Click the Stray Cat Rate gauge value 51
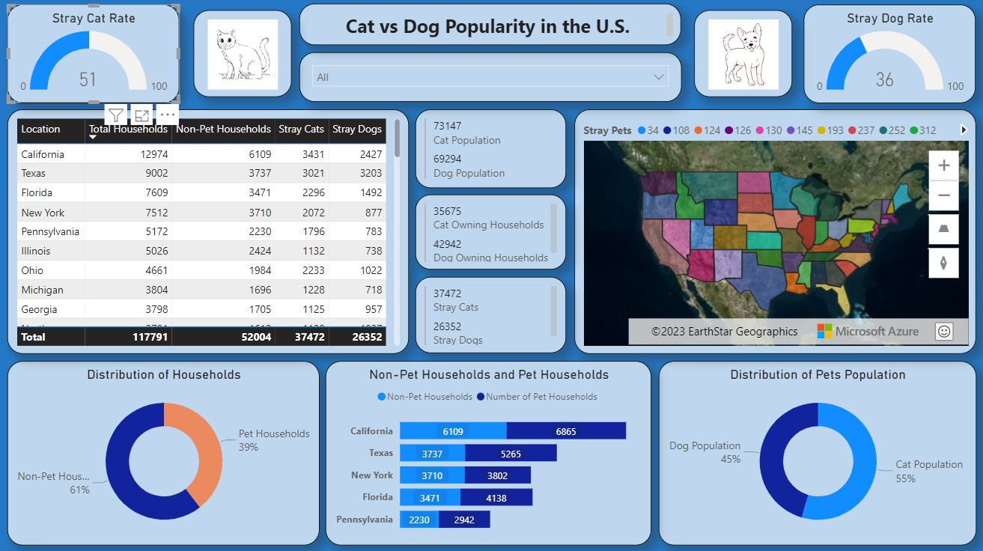pyautogui.click(x=88, y=79)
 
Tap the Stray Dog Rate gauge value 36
pyautogui.click(x=884, y=79)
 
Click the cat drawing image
pyautogui.click(x=243, y=55)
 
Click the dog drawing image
pyautogui.click(x=743, y=55)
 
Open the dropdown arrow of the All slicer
pyautogui.click(x=659, y=77)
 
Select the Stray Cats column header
pyautogui.click(x=301, y=130)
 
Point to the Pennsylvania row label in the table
pyautogui.click(x=50, y=232)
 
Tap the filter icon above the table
pyautogui.click(x=116, y=115)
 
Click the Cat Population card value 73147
pyautogui.click(x=448, y=126)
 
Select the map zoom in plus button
pyautogui.click(x=943, y=165)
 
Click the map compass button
pyautogui.click(x=943, y=263)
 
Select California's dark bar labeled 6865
pyautogui.click(x=565, y=431)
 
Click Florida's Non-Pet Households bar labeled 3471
pyautogui.click(x=430, y=497)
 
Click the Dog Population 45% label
pyautogui.click(x=704, y=452)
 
